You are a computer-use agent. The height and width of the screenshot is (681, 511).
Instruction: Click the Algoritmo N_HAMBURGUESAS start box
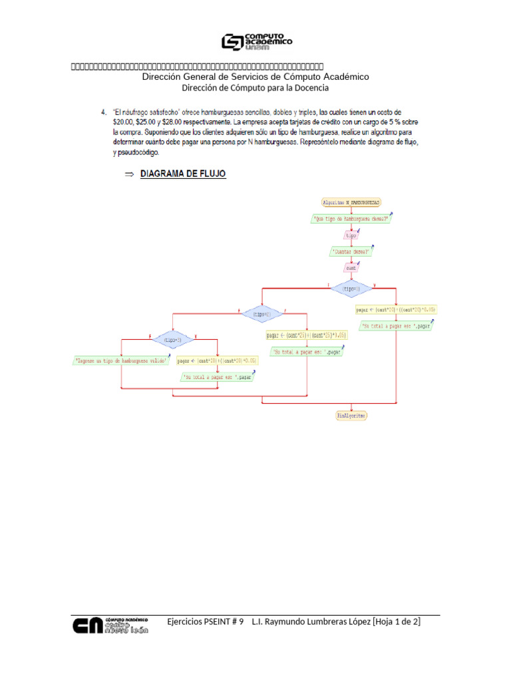pyautogui.click(x=351, y=202)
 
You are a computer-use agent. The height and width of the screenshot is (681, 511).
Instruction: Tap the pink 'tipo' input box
pyautogui.click(x=351, y=235)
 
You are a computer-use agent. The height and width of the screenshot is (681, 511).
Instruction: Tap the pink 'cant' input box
pyautogui.click(x=351, y=269)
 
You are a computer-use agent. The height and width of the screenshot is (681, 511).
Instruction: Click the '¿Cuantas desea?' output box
pyautogui.click(x=351, y=251)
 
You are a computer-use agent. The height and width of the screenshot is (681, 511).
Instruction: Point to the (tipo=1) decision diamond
pyautogui.click(x=351, y=289)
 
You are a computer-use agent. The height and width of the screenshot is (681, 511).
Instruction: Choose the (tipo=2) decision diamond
pyautogui.click(x=261, y=313)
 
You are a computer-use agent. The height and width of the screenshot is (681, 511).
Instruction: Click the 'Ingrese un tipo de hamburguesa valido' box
pyautogui.click(x=120, y=360)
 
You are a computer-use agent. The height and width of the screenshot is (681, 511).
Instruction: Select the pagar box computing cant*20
pyautogui.click(x=396, y=310)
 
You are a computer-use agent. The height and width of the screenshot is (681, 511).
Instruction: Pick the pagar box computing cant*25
pyautogui.click(x=307, y=335)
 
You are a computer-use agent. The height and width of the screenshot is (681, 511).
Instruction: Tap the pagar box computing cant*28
pyautogui.click(x=217, y=360)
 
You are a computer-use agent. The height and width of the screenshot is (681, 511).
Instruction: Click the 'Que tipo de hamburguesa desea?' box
pyautogui.click(x=351, y=218)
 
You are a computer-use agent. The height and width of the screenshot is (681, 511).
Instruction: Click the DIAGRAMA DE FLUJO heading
pyautogui.click(x=182, y=174)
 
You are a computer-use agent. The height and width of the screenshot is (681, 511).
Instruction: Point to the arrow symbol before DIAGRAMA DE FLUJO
pyautogui.click(x=130, y=174)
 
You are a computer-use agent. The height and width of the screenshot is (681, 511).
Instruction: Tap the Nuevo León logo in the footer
pyautogui.click(x=110, y=626)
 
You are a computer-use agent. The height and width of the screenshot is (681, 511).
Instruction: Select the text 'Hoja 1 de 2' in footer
pyautogui.click(x=397, y=621)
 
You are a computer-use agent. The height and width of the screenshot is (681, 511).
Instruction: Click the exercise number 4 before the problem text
pyautogui.click(x=102, y=112)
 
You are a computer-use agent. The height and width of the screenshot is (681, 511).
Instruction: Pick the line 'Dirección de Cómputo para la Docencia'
pyautogui.click(x=255, y=88)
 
